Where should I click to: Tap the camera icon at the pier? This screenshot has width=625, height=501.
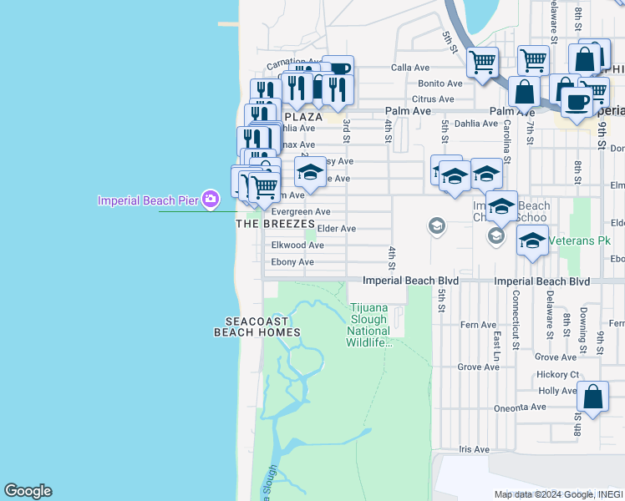[210, 199]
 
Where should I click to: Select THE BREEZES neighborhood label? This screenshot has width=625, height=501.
[275, 224]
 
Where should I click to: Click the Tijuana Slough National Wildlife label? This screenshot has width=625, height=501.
[368, 325]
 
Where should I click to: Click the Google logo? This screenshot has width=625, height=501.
[28, 491]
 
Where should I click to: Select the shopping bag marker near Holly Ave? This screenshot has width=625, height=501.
[593, 397]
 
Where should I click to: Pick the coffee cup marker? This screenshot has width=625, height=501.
[575, 102]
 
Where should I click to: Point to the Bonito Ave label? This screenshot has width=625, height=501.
[440, 83]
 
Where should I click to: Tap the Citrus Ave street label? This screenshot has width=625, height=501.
[434, 99]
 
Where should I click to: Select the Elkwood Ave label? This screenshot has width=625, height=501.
[297, 245]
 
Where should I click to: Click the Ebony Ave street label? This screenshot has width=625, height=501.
[292, 262]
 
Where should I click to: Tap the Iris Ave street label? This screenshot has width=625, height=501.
[474, 449]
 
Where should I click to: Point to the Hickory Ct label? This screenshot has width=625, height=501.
[558, 375]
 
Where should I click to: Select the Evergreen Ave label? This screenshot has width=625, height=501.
[301, 212]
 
